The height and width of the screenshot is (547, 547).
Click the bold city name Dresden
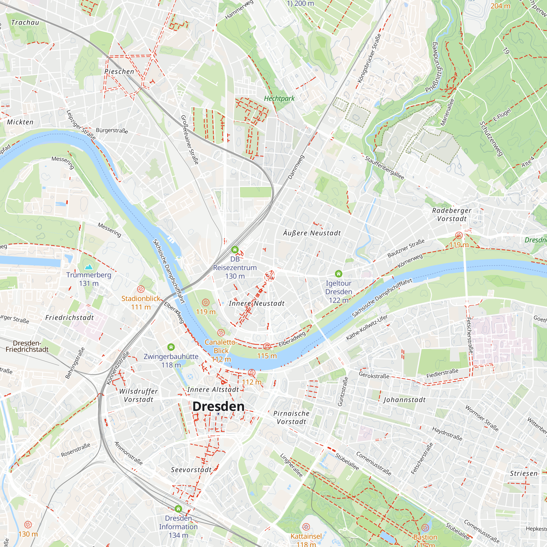(x=218, y=407)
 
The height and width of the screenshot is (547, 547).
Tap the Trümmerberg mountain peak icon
(x=89, y=267)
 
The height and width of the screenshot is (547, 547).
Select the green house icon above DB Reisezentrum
(x=235, y=249)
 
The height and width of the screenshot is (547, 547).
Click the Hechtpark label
(x=279, y=98)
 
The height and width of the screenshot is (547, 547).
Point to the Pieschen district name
(x=119, y=72)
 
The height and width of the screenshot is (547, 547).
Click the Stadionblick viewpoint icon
(x=141, y=289)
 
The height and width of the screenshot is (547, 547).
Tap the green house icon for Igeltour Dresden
(x=339, y=273)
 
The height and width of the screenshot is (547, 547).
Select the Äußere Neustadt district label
(x=312, y=233)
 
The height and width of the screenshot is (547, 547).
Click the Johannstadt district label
(x=404, y=400)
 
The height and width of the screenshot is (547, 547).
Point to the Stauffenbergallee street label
(x=385, y=168)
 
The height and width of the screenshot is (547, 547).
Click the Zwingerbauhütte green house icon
(x=171, y=347)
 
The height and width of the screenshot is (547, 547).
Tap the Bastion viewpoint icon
(x=425, y=528)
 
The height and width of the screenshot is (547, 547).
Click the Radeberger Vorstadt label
(x=452, y=215)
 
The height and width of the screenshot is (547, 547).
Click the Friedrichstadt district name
(x=69, y=318)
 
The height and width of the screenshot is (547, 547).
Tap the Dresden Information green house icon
(x=178, y=509)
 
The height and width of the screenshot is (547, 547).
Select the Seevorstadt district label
(x=191, y=470)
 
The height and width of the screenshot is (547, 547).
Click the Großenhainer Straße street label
(x=190, y=140)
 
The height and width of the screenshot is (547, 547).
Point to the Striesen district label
(x=523, y=473)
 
